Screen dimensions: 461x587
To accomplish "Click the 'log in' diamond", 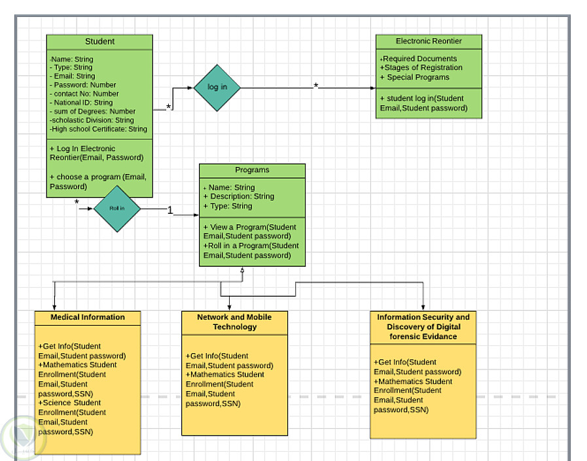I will [x=217, y=88].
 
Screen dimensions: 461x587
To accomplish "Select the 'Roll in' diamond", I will [x=117, y=209].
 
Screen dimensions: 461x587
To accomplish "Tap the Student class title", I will [x=99, y=42].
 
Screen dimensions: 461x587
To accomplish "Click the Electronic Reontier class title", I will [x=429, y=41].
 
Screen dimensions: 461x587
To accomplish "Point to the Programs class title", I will [x=252, y=170].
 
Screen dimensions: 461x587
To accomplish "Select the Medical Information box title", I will [x=88, y=318].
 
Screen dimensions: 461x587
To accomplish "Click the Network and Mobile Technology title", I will [x=234, y=322].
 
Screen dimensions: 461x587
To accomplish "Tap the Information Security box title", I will [x=423, y=327].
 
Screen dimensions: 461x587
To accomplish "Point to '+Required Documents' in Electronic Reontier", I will [x=419, y=59].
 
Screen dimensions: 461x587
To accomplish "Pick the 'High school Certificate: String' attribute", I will [x=99, y=129].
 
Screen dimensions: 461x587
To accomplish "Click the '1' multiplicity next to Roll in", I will [x=170, y=211].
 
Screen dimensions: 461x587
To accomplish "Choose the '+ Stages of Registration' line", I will [x=421, y=68].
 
